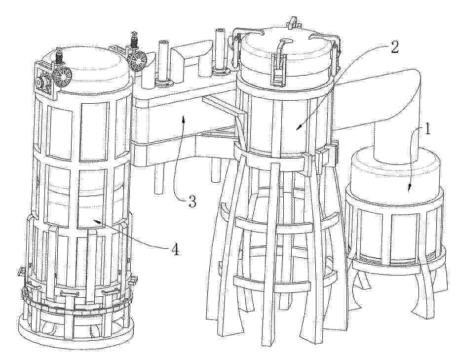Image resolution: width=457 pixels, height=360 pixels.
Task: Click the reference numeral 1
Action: click(x=426, y=129)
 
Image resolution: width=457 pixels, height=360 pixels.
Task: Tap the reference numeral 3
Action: click(x=192, y=201)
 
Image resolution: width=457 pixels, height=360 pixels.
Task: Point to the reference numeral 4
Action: click(x=175, y=249)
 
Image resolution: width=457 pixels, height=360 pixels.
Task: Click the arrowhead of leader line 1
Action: click(x=409, y=189)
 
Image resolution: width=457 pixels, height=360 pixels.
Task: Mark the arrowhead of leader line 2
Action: click(x=299, y=127)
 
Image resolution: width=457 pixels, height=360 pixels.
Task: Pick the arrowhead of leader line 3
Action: click(x=183, y=118)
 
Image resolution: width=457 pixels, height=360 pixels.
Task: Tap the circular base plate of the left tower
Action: click(x=76, y=335)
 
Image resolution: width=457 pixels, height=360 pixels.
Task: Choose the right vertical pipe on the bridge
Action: click(x=220, y=50)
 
